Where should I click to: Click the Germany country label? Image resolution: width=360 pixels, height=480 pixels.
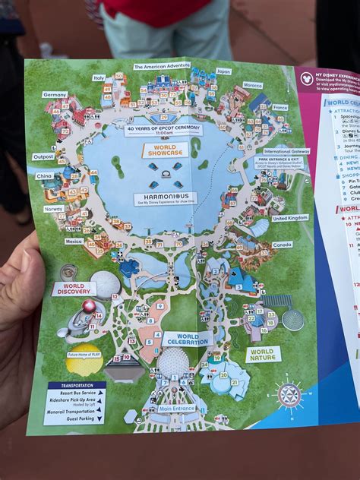(x=55, y=94)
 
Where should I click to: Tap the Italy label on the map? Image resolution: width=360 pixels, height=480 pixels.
(x=99, y=77)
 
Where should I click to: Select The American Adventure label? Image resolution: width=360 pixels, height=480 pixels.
(x=162, y=66)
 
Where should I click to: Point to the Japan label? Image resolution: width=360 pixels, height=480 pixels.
(x=223, y=71)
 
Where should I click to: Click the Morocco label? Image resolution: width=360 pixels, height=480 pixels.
(x=252, y=85)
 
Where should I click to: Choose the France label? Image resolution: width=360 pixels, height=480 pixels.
(x=280, y=107)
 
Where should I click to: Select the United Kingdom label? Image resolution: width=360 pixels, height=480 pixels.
(x=290, y=218)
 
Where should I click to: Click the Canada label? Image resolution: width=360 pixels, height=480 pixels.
(x=282, y=245)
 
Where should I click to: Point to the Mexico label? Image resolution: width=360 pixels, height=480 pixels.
(x=74, y=241)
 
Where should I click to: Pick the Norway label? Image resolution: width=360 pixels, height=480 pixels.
(x=54, y=209)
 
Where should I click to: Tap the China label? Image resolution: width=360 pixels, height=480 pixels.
(x=44, y=176)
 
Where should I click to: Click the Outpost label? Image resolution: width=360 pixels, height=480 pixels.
(x=43, y=157)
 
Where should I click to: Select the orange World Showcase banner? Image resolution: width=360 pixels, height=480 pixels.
(x=164, y=150)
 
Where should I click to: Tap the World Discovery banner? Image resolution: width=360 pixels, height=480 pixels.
(x=74, y=289)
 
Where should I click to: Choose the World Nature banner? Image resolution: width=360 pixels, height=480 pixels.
(x=263, y=354)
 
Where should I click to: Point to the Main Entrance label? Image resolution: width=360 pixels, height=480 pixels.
(x=176, y=409)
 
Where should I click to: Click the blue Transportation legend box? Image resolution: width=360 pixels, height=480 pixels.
(x=74, y=403)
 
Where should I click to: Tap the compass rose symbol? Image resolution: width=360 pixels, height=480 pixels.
(x=289, y=395)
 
